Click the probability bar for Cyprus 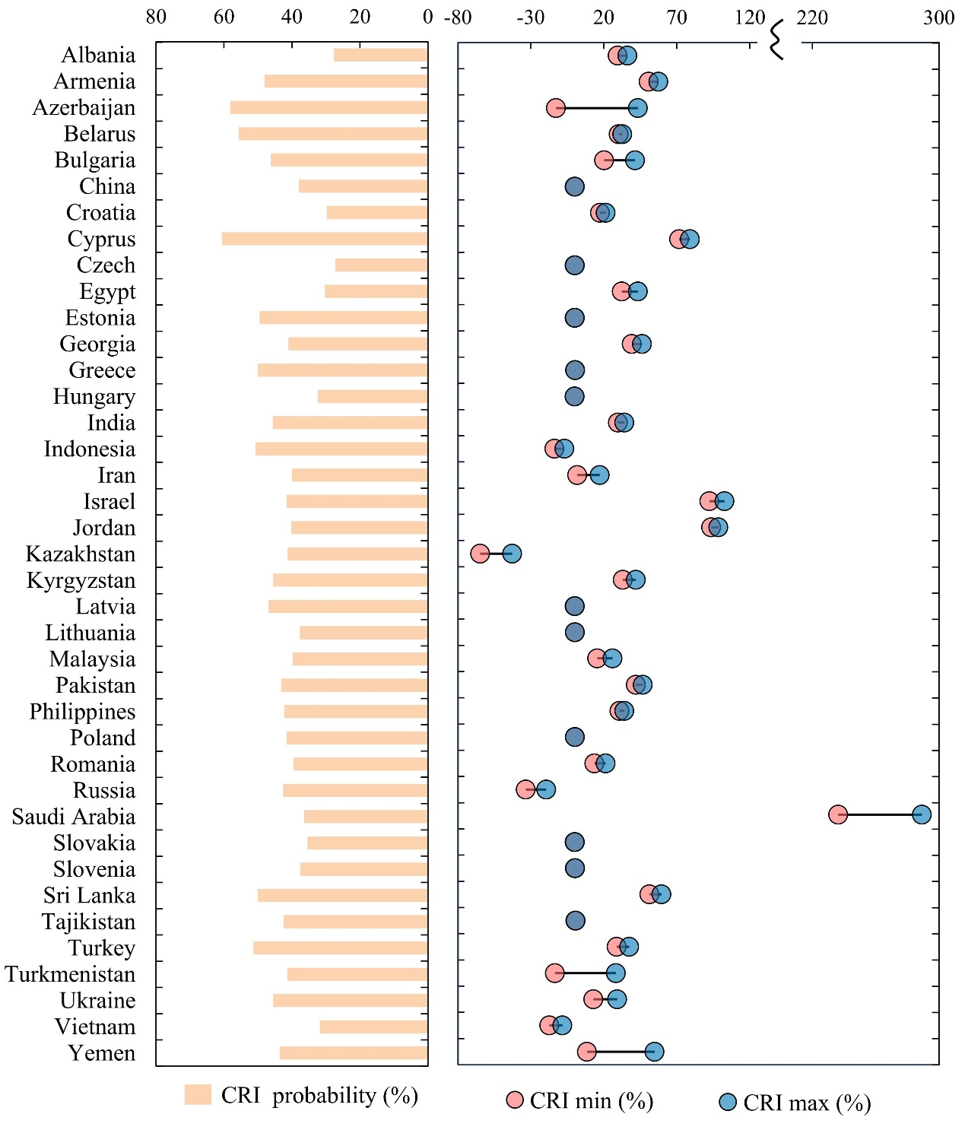tap(325, 239)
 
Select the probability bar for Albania tap(380, 55)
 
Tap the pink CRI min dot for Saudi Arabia tap(838, 814)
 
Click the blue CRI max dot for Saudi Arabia tap(922, 814)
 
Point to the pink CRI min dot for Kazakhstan tap(480, 554)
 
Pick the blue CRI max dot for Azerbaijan tap(638, 108)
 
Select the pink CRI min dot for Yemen tap(586, 1052)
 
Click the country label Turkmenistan tap(70, 974)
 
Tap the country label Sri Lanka tap(89, 895)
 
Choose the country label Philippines tap(82, 712)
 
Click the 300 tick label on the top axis tap(938, 17)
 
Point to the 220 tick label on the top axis tap(812, 17)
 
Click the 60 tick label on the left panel tap(224, 17)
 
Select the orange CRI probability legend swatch tap(198, 1094)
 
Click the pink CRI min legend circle tap(515, 1100)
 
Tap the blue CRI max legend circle tap(728, 1102)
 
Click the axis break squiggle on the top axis tap(776, 40)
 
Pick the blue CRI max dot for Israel tap(725, 501)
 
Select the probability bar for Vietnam tap(373, 1027)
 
